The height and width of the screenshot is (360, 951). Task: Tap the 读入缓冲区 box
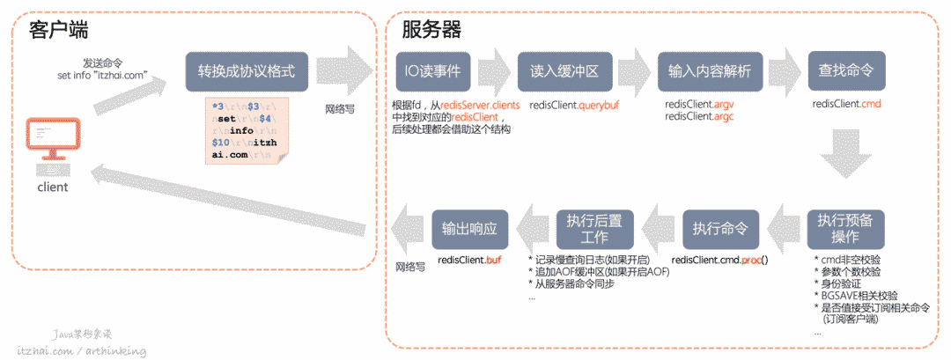click(x=564, y=72)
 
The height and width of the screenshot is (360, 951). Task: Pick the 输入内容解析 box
click(x=709, y=72)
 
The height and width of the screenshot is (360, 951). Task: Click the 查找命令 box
click(x=846, y=72)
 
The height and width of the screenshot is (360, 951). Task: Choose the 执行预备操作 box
click(x=846, y=230)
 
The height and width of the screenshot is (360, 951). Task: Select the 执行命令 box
click(x=720, y=230)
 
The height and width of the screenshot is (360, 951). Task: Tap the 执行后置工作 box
click(x=594, y=230)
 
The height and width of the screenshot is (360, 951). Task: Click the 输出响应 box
click(x=470, y=230)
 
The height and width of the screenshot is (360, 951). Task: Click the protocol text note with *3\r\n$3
click(x=246, y=129)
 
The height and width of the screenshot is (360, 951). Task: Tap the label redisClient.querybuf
click(x=564, y=105)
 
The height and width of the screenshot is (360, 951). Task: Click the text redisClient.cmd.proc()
click(x=719, y=261)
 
